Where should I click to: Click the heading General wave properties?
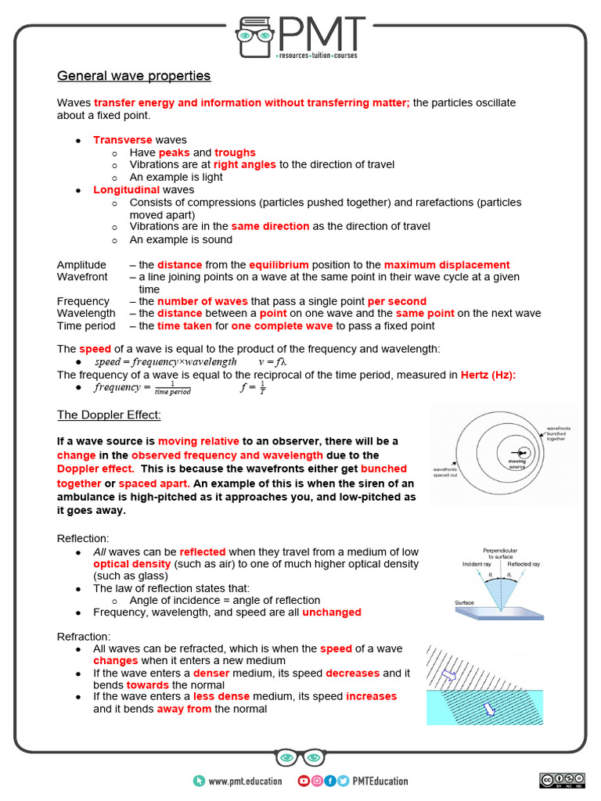click(134, 76)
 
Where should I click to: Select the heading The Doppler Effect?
click(109, 415)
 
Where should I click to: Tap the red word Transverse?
click(122, 140)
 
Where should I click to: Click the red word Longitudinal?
click(126, 190)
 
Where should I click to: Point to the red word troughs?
click(235, 153)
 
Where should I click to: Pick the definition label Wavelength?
click(86, 314)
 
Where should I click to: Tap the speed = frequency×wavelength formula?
click(165, 362)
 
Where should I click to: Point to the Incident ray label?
click(478, 564)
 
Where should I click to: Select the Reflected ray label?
click(524, 564)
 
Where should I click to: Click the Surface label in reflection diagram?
click(466, 603)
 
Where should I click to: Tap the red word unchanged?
click(332, 612)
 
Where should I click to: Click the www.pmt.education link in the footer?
click(240, 781)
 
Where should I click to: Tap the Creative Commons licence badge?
click(561, 780)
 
